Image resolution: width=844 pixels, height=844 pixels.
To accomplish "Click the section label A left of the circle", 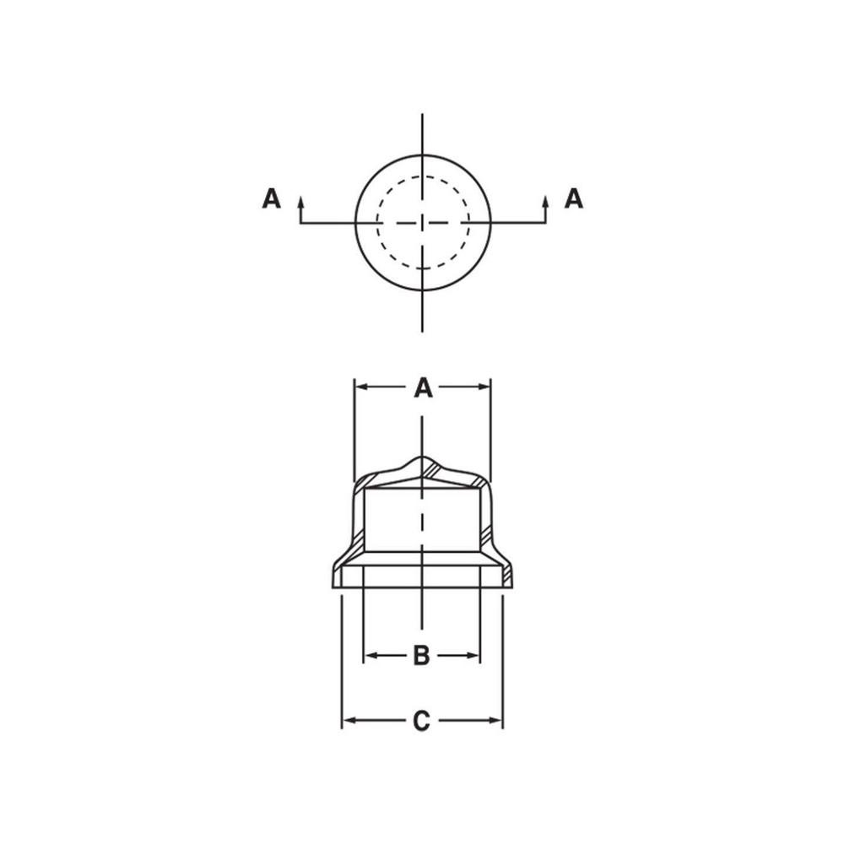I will tap(271, 198).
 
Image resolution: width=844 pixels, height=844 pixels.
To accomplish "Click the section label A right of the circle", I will tap(574, 198).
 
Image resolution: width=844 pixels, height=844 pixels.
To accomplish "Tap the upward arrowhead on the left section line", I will tap(300, 201).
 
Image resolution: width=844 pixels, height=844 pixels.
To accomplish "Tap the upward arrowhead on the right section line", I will tap(545, 201).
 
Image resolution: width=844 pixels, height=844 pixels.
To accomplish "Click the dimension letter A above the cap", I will tap(423, 388).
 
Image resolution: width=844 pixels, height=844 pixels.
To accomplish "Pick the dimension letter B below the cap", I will tap(421, 655).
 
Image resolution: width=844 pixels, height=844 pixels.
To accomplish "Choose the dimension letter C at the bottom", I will tap(421, 722).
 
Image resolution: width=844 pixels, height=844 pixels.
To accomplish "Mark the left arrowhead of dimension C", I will tap(347, 721).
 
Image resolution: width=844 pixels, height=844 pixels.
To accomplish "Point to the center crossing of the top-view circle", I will tap(423, 223).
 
